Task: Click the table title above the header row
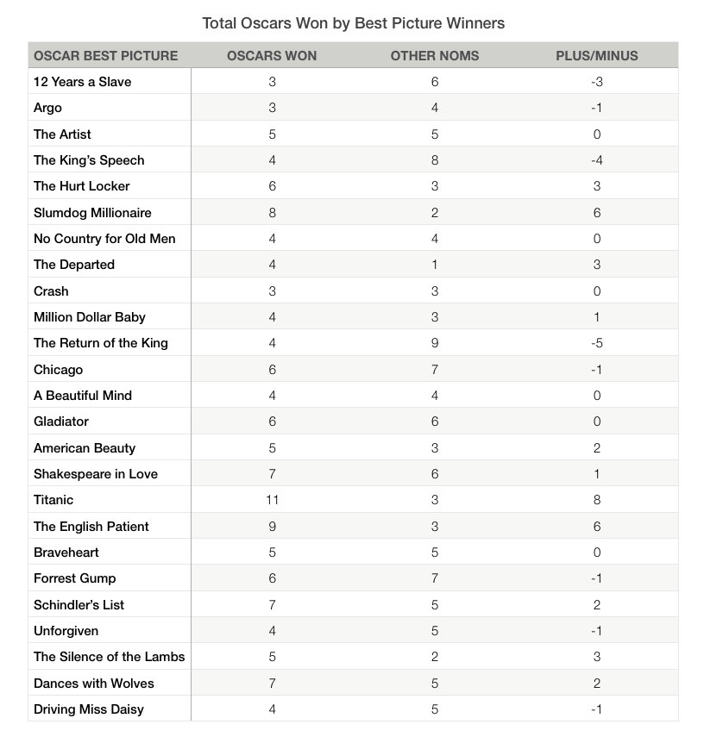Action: (353, 22)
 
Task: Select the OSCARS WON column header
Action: (272, 55)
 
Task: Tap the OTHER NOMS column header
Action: (435, 55)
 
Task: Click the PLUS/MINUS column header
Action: (597, 55)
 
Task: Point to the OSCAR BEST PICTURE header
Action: (105, 55)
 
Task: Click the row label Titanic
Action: (53, 500)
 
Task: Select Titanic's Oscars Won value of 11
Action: (272, 500)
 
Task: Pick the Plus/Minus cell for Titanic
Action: (597, 500)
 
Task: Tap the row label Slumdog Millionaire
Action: (92, 212)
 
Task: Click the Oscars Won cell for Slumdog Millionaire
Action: (272, 212)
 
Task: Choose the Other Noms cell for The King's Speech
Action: (435, 160)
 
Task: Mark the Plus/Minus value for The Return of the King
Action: (597, 343)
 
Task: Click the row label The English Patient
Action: (91, 526)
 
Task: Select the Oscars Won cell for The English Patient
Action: (272, 526)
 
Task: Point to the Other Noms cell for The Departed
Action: (435, 265)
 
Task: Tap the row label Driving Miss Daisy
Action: (89, 709)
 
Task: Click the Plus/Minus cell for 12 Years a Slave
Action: (597, 82)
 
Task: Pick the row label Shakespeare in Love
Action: (96, 474)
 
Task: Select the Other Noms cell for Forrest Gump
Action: (435, 578)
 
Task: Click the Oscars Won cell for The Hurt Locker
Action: (272, 186)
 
